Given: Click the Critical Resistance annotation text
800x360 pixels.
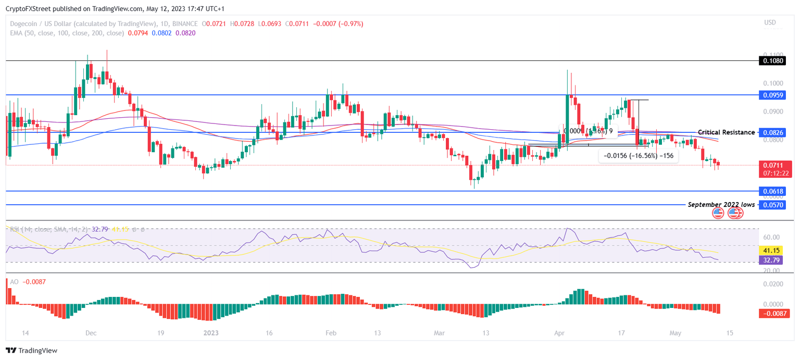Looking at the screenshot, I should tap(726, 132).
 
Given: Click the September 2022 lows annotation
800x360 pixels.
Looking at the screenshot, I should tap(721, 205).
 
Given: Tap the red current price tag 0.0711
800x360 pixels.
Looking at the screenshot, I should tap(774, 166).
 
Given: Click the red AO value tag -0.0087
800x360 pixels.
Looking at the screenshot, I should tap(774, 313).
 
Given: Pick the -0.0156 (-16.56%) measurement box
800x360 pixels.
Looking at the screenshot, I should tap(639, 156).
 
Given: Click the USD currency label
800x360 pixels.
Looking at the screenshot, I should tap(770, 22).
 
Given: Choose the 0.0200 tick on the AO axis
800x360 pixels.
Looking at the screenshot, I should tap(772, 284).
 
